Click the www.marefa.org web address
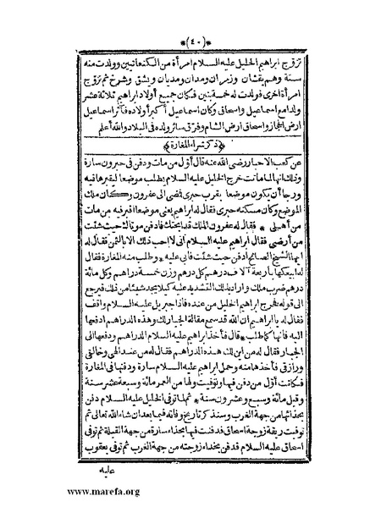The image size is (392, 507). pyautogui.click(x=52, y=493)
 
